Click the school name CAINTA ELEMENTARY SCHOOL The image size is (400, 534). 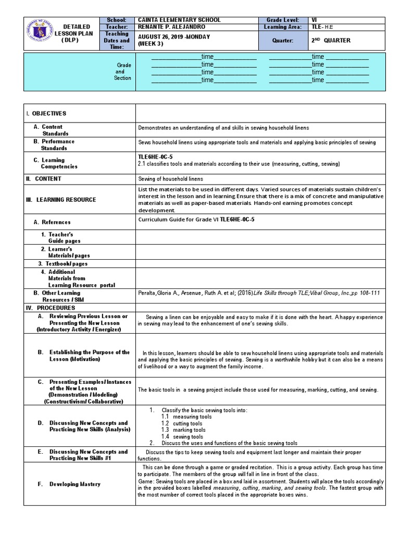[x=179, y=20]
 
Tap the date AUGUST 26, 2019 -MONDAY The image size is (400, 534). [x=172, y=37]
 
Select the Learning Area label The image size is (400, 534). [x=282, y=27]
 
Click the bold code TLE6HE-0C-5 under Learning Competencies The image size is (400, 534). [x=155, y=156]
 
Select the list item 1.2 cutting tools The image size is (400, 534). [x=186, y=423]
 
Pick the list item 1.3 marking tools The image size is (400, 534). [x=187, y=430]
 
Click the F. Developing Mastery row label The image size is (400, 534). [x=69, y=484]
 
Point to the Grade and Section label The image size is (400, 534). [x=123, y=71]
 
